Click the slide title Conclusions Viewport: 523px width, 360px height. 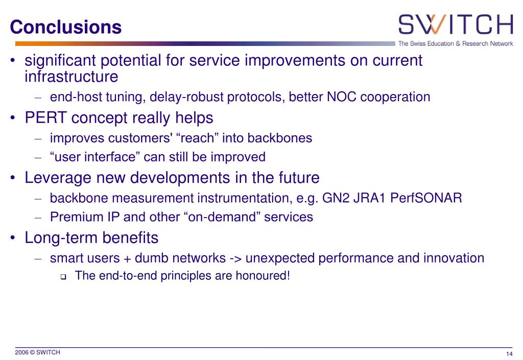(66, 27)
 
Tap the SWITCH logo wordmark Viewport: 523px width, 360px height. (456, 25)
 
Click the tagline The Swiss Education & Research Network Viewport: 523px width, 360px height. (456, 44)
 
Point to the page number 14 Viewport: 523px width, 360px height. (509, 354)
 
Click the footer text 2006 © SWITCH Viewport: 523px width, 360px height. (38, 352)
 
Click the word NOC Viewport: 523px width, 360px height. (342, 97)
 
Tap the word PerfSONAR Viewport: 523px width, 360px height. (426, 198)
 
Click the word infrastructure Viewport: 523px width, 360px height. (72, 76)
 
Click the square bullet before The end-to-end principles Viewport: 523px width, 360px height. (63, 277)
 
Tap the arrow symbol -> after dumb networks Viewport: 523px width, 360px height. (235, 258)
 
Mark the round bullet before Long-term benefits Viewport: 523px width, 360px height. (13, 238)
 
